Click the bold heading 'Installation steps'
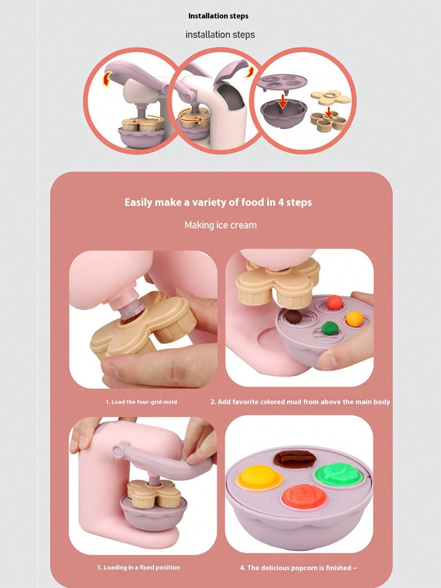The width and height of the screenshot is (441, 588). coord(218,16)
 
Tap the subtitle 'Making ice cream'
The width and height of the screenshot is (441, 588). coord(220,225)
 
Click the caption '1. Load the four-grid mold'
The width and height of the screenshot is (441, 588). coord(141,402)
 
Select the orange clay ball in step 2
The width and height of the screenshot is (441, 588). coord(354,319)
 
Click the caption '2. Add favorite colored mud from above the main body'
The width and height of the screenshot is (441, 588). coord(300,402)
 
